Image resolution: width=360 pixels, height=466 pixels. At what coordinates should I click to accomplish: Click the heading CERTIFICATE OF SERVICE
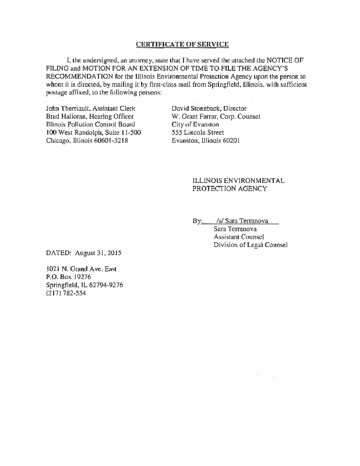click(182, 44)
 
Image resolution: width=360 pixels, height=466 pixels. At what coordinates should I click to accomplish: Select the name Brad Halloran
click(65, 116)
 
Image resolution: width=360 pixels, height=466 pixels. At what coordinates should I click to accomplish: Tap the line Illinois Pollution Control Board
click(90, 125)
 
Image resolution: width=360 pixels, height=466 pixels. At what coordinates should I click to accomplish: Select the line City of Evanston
click(195, 125)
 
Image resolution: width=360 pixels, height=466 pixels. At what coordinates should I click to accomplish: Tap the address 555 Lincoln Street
click(197, 132)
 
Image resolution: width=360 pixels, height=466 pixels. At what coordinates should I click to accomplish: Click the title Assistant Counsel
click(239, 237)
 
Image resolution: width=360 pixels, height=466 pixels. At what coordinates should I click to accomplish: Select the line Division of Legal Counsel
click(250, 245)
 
